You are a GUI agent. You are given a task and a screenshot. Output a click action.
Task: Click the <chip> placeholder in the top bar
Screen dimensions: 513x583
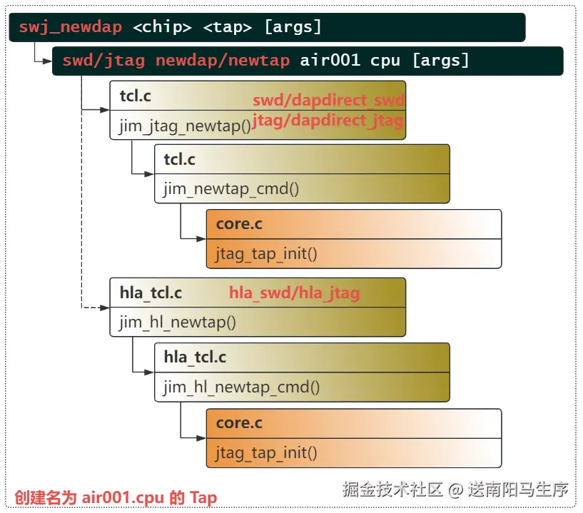(x=162, y=28)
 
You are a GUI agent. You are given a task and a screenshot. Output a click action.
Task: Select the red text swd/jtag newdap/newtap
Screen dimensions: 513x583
(x=176, y=61)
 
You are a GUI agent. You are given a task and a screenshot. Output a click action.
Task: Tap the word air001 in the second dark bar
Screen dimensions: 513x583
(x=329, y=61)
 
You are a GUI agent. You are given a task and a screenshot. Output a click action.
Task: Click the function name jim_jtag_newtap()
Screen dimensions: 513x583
(x=185, y=126)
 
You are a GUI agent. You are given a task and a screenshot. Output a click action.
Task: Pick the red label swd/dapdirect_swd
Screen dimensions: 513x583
(x=329, y=100)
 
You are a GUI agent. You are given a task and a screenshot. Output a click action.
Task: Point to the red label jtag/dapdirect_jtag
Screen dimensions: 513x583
(x=328, y=121)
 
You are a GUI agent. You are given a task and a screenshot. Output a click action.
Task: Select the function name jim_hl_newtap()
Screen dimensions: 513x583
(x=177, y=322)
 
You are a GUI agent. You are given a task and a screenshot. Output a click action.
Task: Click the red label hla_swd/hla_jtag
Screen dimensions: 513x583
(x=294, y=293)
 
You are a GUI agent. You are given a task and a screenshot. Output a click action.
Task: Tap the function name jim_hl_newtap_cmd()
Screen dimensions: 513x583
(x=241, y=387)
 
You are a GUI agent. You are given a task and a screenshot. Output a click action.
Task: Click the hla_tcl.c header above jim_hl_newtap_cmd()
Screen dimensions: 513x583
(x=196, y=357)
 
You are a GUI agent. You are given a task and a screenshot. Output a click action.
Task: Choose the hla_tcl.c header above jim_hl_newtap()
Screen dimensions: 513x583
(x=151, y=293)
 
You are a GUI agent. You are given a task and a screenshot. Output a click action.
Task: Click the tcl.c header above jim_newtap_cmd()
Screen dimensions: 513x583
(x=179, y=159)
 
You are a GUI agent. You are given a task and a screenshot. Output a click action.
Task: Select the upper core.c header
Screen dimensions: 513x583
(x=239, y=224)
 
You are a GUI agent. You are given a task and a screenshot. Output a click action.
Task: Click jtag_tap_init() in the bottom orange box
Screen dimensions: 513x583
(x=266, y=452)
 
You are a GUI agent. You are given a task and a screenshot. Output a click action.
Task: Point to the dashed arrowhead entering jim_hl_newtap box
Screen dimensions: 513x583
(x=106, y=308)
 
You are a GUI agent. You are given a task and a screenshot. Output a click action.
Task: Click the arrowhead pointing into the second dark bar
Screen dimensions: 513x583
(x=48, y=61)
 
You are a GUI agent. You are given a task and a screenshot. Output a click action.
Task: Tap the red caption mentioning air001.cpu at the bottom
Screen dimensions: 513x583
(x=116, y=497)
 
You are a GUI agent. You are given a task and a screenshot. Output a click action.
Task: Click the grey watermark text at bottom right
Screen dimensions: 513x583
(x=455, y=489)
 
